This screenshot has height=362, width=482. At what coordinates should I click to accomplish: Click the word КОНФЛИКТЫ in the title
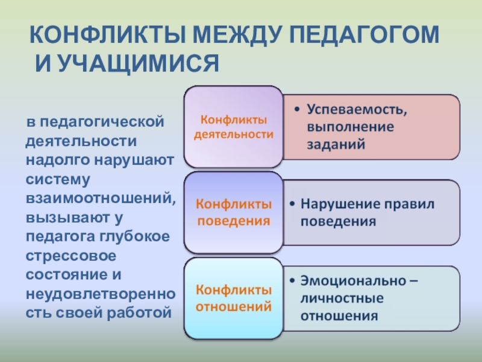coord(108,34)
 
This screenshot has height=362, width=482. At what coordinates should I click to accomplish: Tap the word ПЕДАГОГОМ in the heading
coord(365,35)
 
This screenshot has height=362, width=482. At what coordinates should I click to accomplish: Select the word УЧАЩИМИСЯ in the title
coord(138,64)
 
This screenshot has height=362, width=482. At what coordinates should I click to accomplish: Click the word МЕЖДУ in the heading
coord(237,35)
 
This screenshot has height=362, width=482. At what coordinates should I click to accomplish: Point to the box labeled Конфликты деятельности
coord(233,127)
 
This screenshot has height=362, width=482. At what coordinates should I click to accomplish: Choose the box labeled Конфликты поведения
coord(233,212)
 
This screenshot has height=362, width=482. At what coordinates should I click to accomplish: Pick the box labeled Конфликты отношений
coord(233,298)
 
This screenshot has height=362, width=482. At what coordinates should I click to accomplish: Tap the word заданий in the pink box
coord(336,144)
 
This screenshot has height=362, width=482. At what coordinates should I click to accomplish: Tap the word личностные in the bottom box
coord(342,298)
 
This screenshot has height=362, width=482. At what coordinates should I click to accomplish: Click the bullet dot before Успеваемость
coord(296,110)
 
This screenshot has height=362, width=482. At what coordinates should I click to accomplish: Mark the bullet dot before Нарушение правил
coord(292,204)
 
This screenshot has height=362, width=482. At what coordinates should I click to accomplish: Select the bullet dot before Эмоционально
coord(292,281)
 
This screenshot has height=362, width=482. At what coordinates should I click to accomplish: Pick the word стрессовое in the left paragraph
coord(71,256)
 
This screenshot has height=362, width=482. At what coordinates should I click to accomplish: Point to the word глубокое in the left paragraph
coord(134,237)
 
